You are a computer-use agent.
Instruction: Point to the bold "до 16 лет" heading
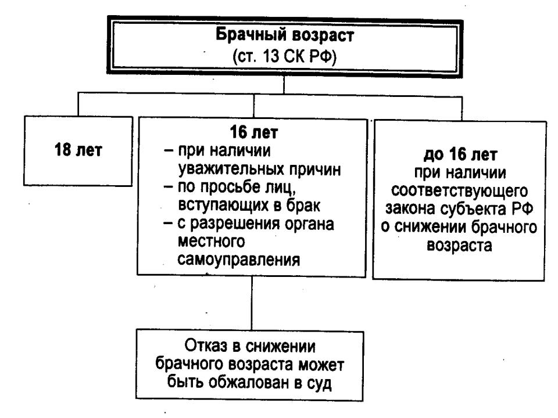click(x=460, y=157)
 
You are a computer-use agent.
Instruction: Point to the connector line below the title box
click(x=283, y=85)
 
